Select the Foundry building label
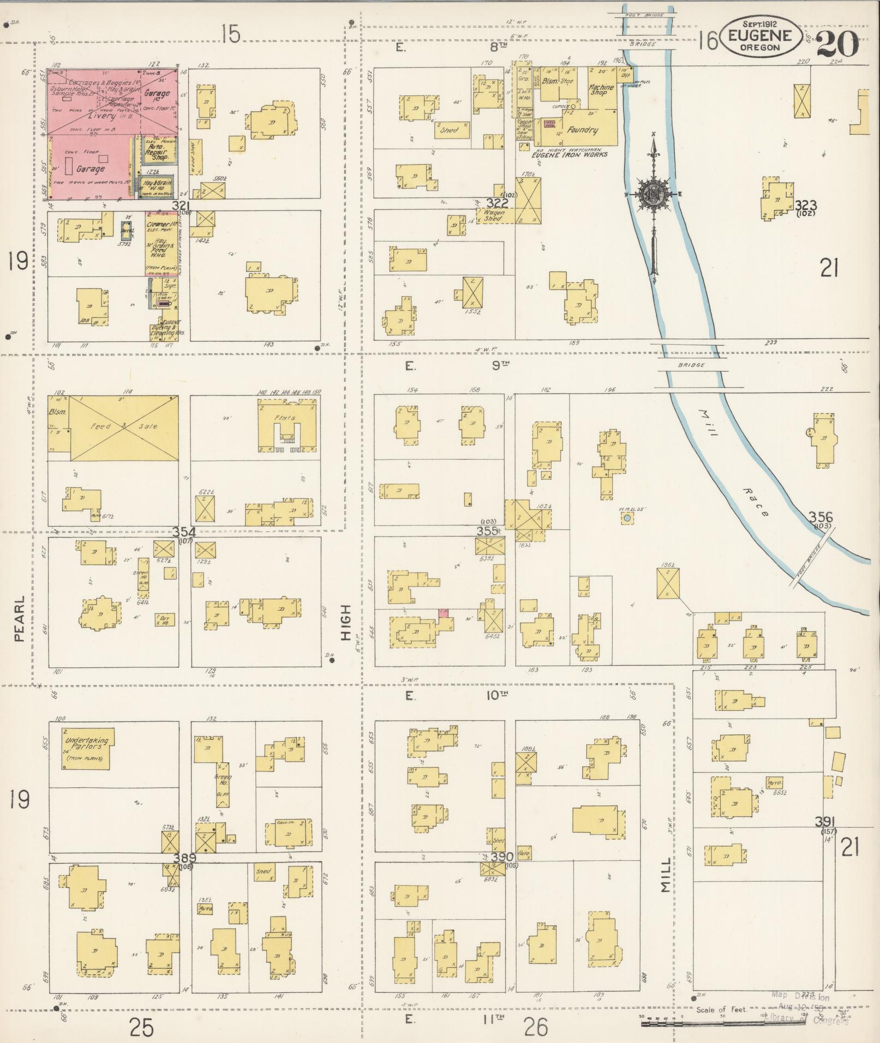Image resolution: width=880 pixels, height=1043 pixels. (582, 130)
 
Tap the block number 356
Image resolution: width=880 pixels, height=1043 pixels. (820, 517)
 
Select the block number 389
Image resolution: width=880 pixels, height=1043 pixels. (184, 858)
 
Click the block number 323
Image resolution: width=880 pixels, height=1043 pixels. (805, 206)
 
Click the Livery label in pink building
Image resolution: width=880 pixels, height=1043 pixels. (102, 116)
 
